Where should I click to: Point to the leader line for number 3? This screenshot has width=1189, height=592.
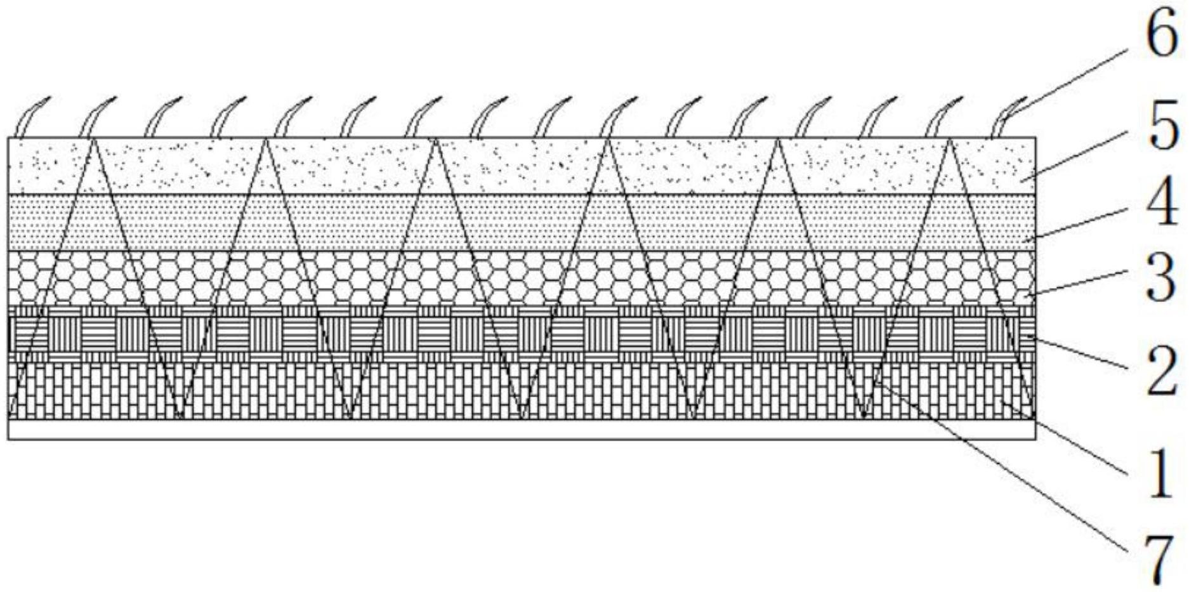[1079, 283]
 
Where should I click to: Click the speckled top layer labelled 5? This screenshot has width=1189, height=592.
[508, 165]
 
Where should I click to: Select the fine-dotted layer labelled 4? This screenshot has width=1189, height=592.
[508, 222]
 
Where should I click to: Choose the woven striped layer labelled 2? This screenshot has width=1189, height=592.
[508, 333]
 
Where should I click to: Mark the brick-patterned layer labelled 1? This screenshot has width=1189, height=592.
[444, 390]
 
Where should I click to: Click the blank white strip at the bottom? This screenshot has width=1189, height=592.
[508, 430]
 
